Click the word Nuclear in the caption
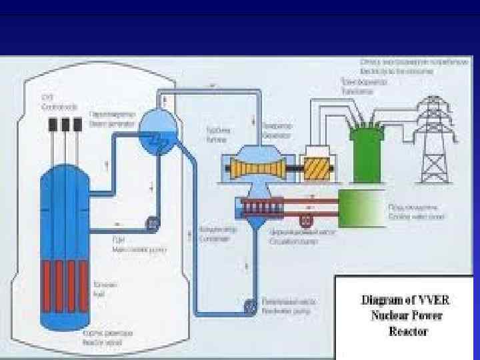click(387, 315)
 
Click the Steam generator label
click(104, 117)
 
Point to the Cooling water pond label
click(416, 212)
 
